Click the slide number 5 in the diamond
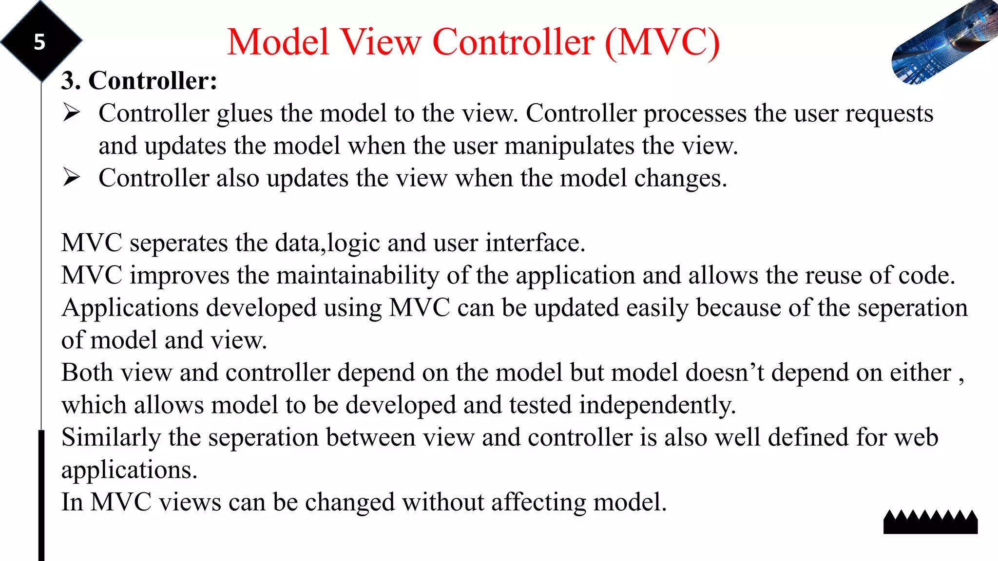pyautogui.click(x=39, y=42)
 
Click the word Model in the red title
pyautogui.click(x=278, y=42)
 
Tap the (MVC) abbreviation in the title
pyautogui.click(x=662, y=42)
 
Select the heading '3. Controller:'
pyautogui.click(x=139, y=80)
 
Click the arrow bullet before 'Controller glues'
pyautogui.click(x=71, y=112)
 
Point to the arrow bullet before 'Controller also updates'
pyautogui.click(x=71, y=177)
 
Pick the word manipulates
pyautogui.click(x=569, y=146)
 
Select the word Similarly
pyautogui.click(x=111, y=437)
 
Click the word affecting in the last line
pyautogui.click(x=538, y=502)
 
